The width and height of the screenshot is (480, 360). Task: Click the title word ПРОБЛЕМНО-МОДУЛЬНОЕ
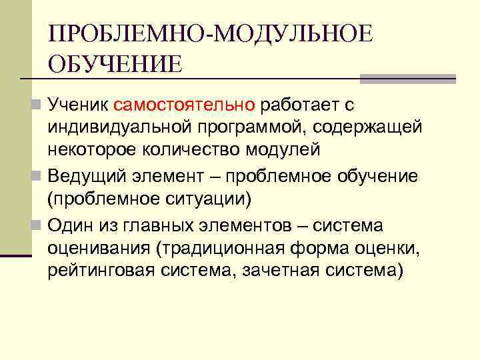[210, 34]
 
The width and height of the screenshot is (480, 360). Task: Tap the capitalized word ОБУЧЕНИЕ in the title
[114, 65]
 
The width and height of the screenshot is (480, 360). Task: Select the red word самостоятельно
[185, 105]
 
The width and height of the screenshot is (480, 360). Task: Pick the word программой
[260, 127]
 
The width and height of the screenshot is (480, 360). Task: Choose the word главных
[171, 226]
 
